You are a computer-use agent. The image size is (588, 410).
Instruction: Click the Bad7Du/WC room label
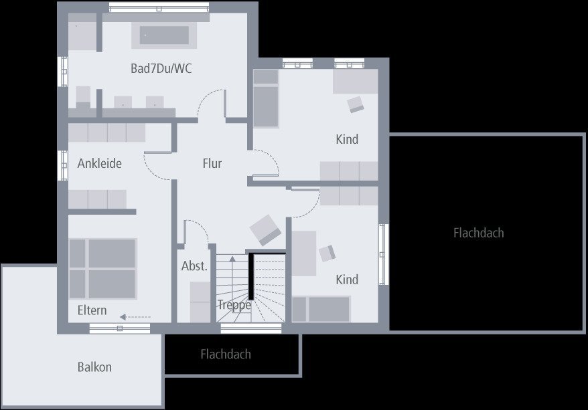coord(162,68)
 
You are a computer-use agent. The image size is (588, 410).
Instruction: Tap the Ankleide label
coord(100,163)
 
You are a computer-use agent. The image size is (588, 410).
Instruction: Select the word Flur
coord(212,163)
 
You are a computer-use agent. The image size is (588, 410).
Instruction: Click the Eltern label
coord(92,310)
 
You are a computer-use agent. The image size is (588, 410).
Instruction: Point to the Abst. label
coord(194,266)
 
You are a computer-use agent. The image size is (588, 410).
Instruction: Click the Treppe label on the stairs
coord(234,305)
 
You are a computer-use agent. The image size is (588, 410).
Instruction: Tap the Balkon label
coord(94,367)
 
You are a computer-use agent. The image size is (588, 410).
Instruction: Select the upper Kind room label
coord(347,139)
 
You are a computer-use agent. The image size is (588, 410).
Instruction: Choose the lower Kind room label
coord(347,280)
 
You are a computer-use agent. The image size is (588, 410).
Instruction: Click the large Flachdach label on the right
coord(478,233)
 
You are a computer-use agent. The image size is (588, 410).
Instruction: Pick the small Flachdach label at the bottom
coord(226,354)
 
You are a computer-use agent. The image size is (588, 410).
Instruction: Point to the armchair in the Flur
coord(266,229)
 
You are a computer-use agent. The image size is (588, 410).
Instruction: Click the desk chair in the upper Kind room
coord(356,104)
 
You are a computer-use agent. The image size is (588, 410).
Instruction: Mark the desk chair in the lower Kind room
coord(327,253)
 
